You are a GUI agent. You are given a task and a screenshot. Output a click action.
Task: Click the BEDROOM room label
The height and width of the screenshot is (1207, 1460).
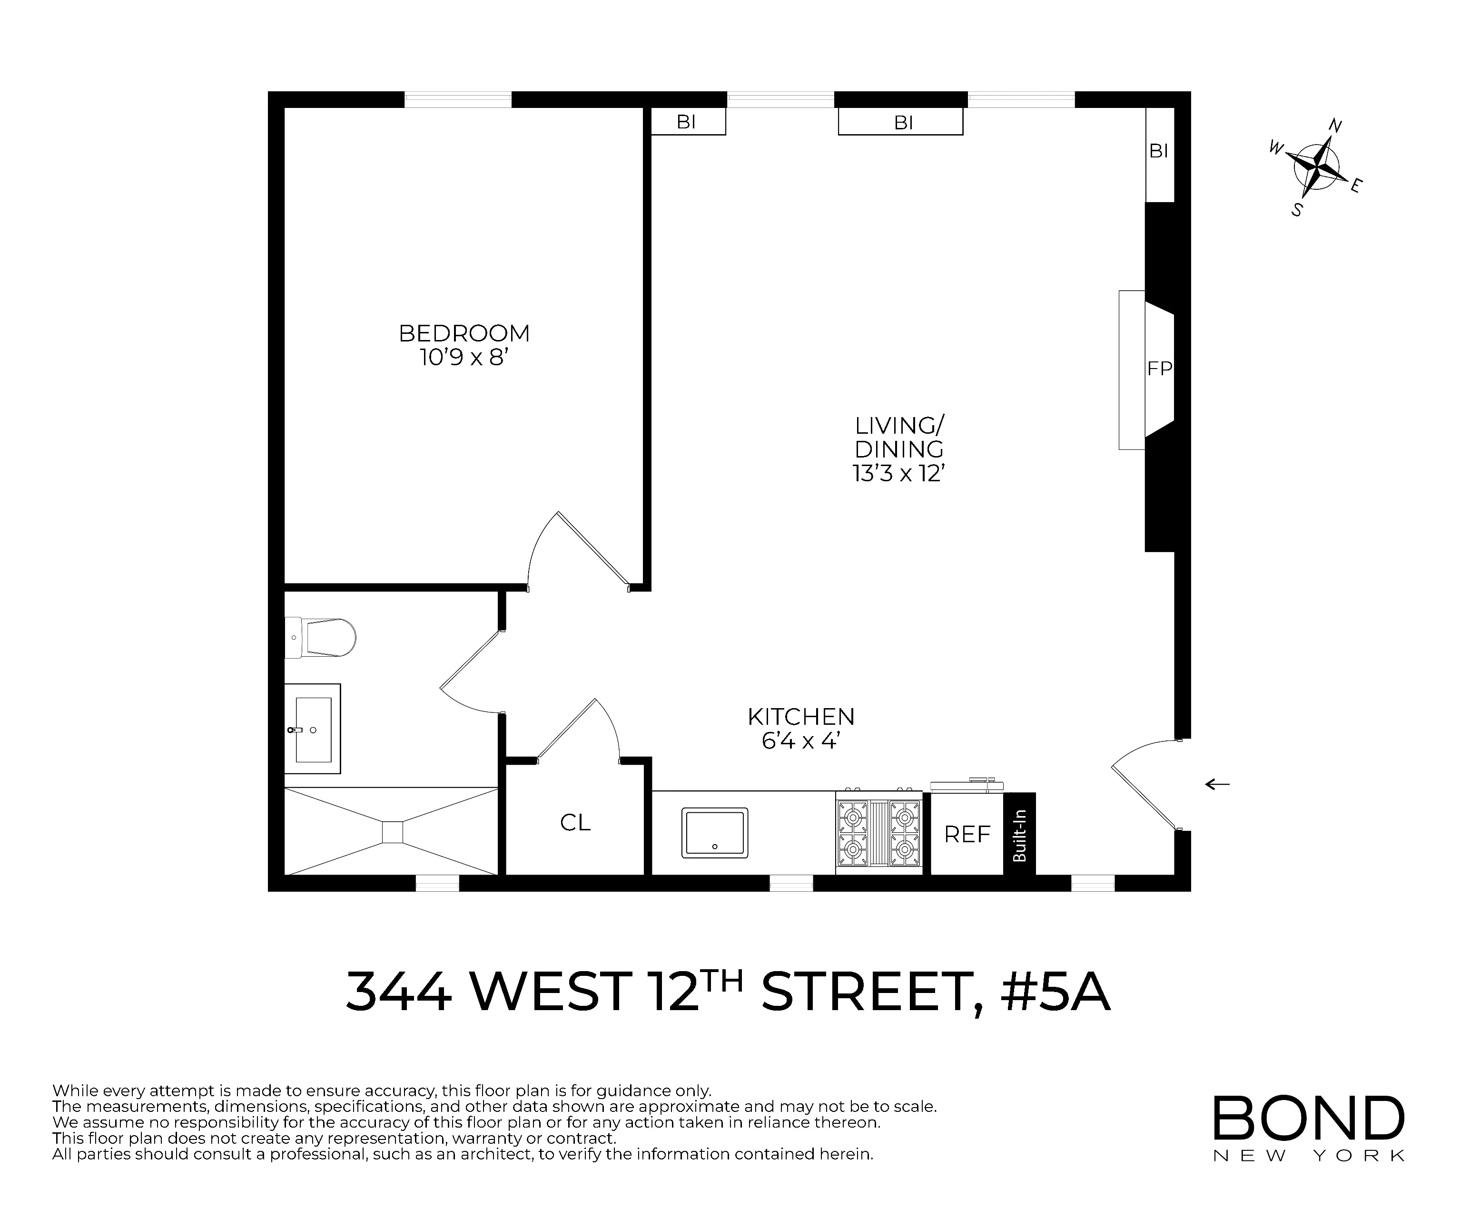click(x=464, y=333)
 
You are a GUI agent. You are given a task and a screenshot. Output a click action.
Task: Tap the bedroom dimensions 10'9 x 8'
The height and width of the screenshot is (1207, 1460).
click(x=464, y=358)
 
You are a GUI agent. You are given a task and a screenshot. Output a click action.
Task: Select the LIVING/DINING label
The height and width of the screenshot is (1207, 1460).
click(x=899, y=437)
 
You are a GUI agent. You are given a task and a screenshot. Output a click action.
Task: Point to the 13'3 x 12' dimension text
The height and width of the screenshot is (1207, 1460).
click(x=899, y=473)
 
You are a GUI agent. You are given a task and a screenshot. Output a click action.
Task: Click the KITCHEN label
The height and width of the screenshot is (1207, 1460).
click(x=801, y=716)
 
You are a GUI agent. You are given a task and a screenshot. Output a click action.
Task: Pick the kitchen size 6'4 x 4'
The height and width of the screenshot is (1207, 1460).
click(x=801, y=741)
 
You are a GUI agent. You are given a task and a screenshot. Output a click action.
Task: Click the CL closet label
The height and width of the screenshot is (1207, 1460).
click(x=575, y=823)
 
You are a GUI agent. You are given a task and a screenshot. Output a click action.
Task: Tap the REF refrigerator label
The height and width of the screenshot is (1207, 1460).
click(x=967, y=834)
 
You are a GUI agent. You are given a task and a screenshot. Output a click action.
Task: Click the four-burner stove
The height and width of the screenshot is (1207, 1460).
click(x=879, y=832)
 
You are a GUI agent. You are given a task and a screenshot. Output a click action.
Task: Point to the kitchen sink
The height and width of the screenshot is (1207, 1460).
click(x=715, y=832)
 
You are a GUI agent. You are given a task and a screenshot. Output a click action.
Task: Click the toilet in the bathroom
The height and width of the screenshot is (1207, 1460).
click(x=322, y=637)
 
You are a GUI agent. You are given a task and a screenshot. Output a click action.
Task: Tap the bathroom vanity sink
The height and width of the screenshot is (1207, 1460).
click(x=312, y=729)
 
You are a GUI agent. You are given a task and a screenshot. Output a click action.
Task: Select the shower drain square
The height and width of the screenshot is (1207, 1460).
click(x=392, y=832)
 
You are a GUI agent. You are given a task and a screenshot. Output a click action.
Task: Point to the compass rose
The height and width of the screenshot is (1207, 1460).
click(x=1316, y=167)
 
